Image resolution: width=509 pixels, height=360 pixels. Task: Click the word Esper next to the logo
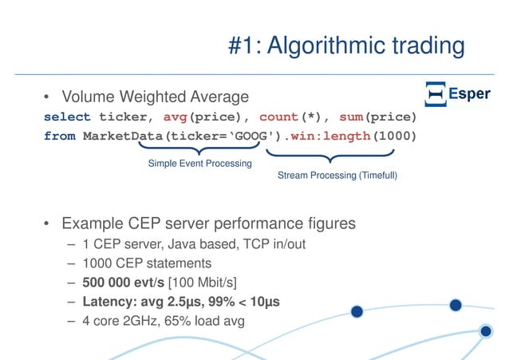469,95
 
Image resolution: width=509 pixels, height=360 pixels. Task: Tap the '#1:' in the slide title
245,46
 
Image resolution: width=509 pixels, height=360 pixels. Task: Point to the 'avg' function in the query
175,117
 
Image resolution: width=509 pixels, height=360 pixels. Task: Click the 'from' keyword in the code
60,136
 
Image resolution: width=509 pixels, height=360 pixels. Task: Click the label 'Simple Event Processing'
199,164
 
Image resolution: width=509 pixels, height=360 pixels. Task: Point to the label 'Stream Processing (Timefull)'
337,176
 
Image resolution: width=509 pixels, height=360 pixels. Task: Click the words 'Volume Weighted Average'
156,97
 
